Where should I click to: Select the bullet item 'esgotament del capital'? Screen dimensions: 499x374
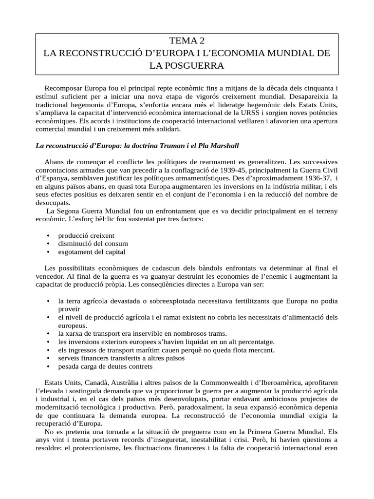coord(92,252)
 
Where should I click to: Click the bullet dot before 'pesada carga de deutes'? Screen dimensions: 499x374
coord(48,366)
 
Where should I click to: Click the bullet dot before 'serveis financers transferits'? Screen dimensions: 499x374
coord(48,358)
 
